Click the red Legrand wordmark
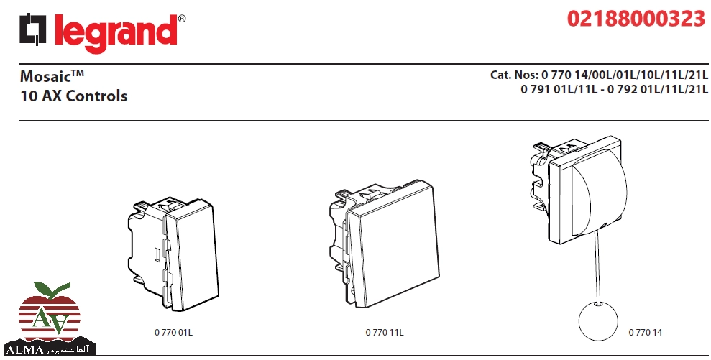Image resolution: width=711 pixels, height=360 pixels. (116, 32)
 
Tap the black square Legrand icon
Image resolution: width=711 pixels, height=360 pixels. (32, 29)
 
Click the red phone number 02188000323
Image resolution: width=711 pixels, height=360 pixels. (636, 19)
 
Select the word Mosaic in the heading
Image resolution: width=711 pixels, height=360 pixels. (46, 76)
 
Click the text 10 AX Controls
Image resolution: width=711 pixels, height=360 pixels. (74, 96)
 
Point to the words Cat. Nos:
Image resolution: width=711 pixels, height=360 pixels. (514, 75)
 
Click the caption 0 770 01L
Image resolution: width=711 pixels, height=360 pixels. (173, 333)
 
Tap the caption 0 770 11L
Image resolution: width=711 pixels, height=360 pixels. (385, 333)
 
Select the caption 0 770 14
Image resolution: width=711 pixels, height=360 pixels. (646, 333)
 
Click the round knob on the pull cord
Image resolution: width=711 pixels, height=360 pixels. (598, 321)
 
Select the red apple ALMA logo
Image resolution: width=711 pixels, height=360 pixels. (49, 318)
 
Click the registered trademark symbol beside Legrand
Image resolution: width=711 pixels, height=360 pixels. (182, 19)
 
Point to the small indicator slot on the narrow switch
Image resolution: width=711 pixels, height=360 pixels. (157, 255)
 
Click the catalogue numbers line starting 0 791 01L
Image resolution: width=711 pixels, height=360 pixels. (614, 89)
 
